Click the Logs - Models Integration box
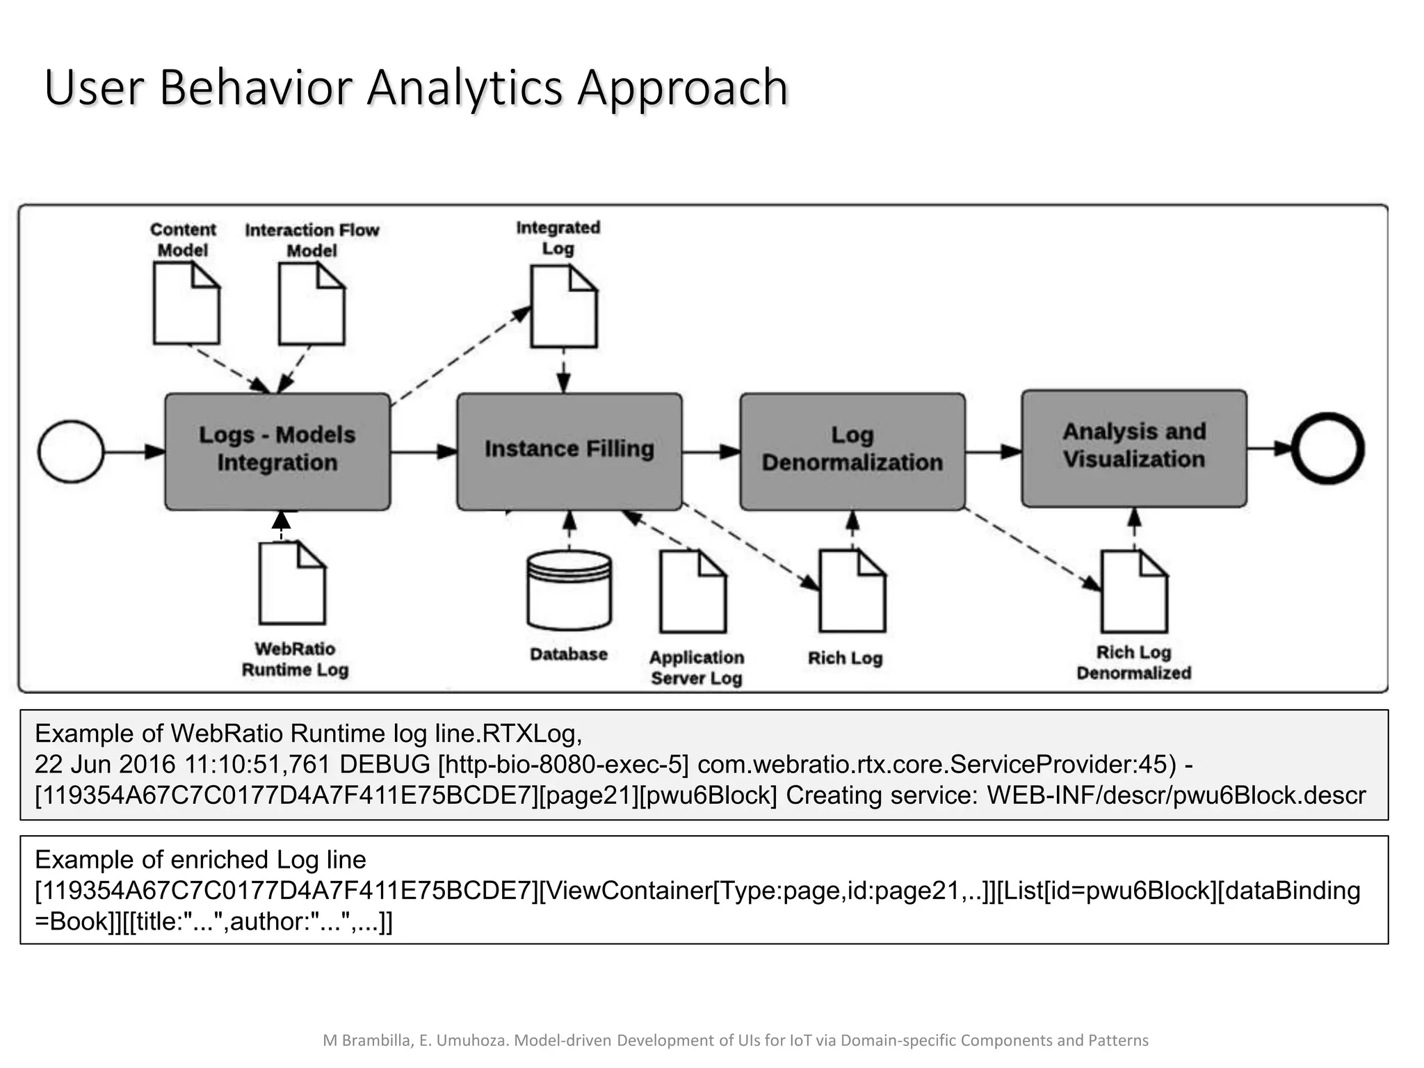277,452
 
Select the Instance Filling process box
569,452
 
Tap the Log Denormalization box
852,452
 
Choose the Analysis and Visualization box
1133,448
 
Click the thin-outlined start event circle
71,452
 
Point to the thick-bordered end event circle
1327,449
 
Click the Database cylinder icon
569,591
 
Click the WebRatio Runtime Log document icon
291,584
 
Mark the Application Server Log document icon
693,592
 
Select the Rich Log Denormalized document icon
1134,592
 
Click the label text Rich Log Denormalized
1133,663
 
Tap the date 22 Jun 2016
105,764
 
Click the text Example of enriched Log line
200,860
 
